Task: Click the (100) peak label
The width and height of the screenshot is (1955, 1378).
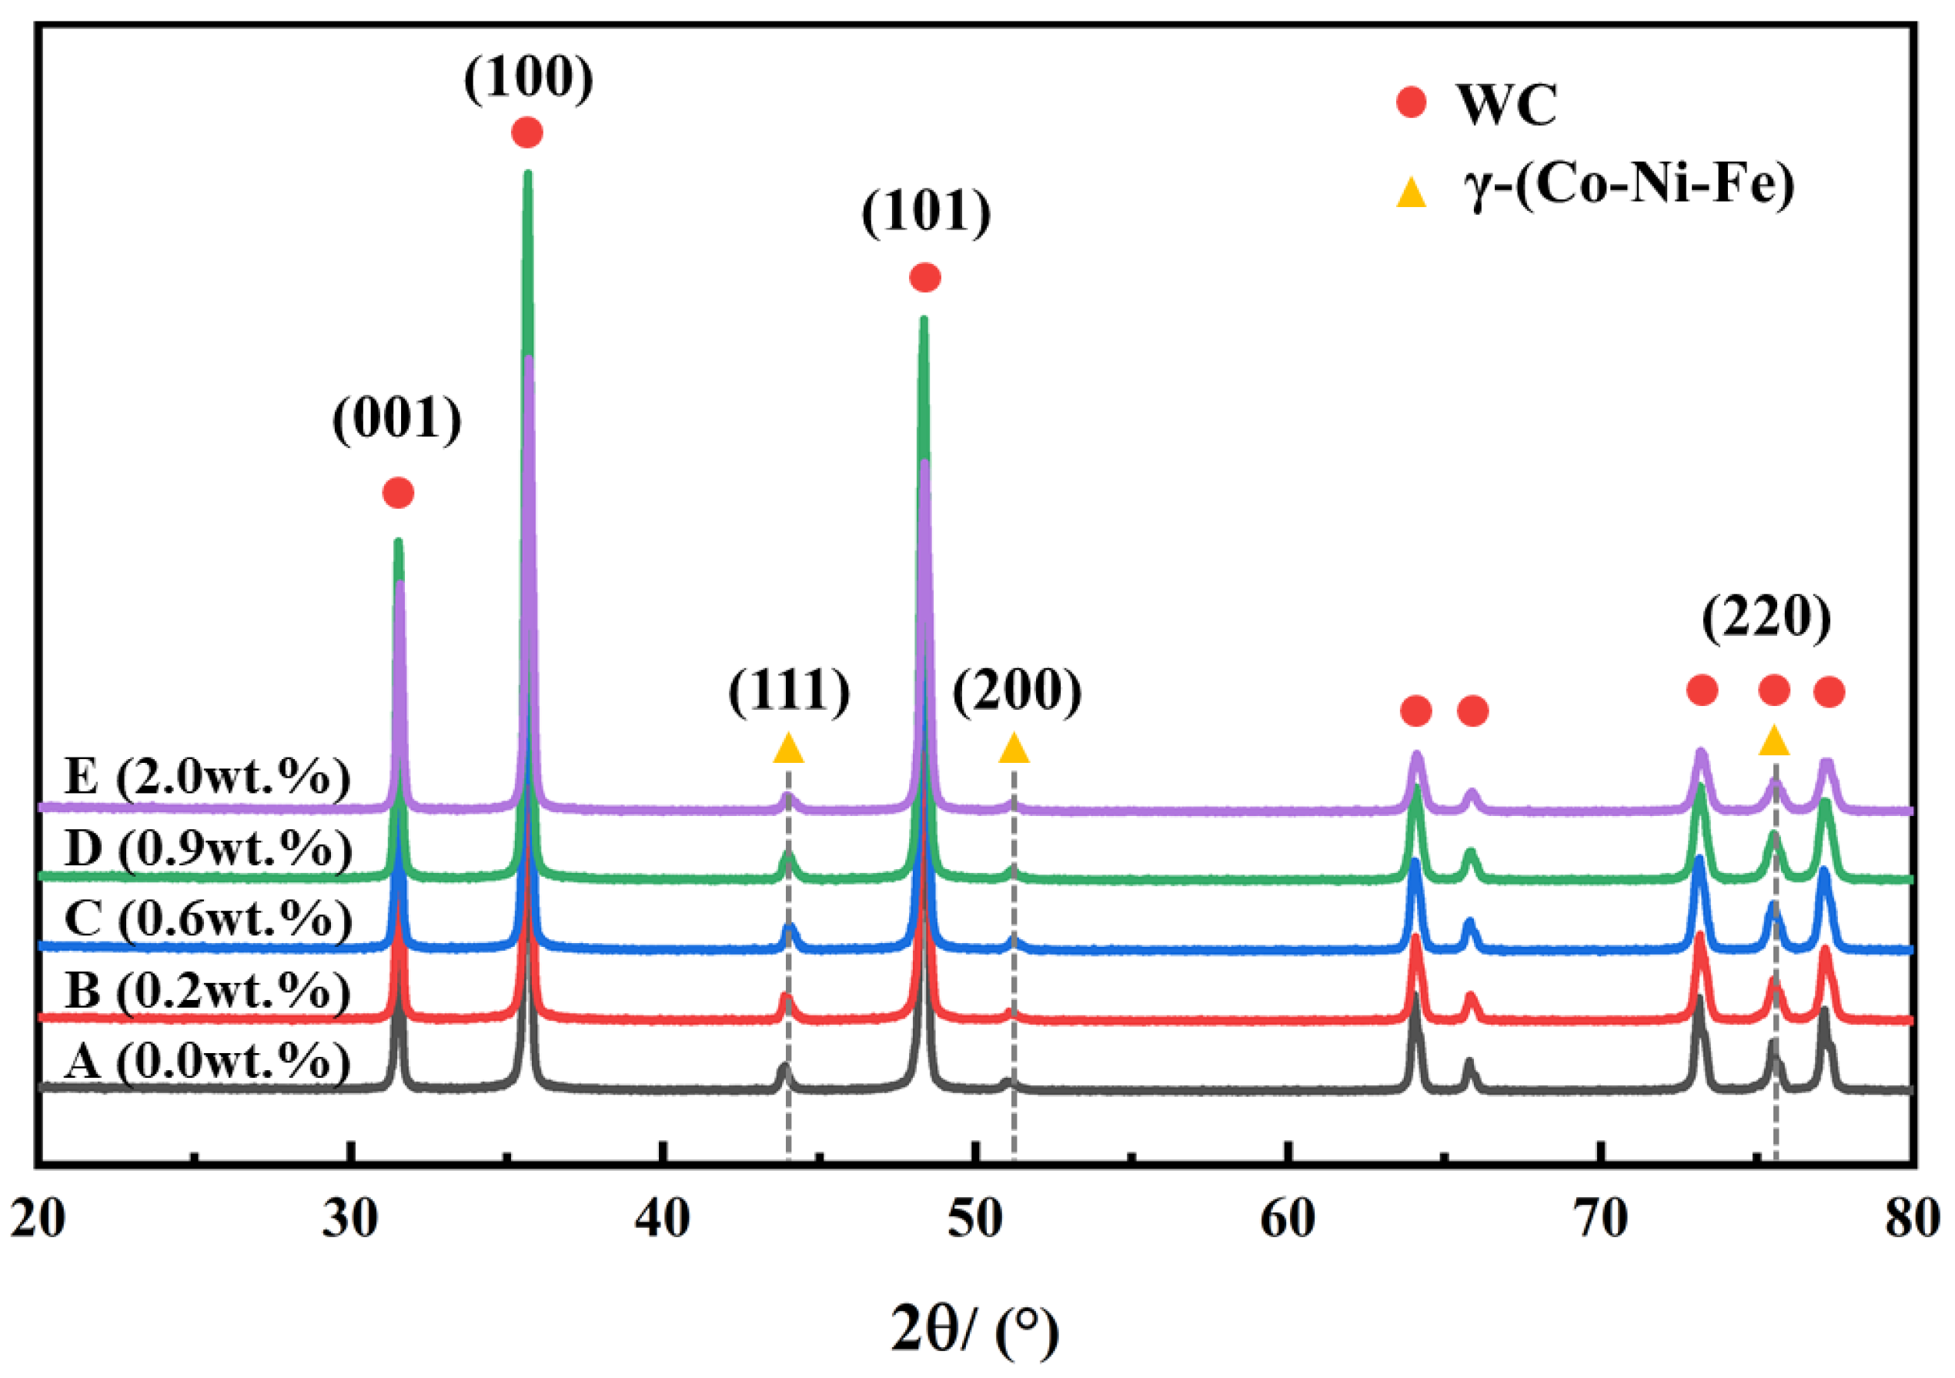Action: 528,79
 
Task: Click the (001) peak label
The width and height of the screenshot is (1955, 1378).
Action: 397,419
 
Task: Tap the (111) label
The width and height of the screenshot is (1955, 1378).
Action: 788,690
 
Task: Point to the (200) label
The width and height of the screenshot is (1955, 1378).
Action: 1017,690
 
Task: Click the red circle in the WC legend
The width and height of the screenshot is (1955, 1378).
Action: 1411,103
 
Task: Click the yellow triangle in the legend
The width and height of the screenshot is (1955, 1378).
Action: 1411,193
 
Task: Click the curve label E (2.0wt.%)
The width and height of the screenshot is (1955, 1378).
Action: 207,777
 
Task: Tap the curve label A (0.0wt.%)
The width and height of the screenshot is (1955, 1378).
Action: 207,1061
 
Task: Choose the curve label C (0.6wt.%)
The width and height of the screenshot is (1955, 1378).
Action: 208,919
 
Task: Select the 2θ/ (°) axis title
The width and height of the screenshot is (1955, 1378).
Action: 975,1330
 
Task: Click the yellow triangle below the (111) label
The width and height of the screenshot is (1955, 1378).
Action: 788,748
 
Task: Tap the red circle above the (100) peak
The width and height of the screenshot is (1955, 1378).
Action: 527,133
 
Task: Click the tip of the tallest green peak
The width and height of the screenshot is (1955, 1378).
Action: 527,173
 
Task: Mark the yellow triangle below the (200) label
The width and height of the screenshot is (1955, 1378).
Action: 1013,748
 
